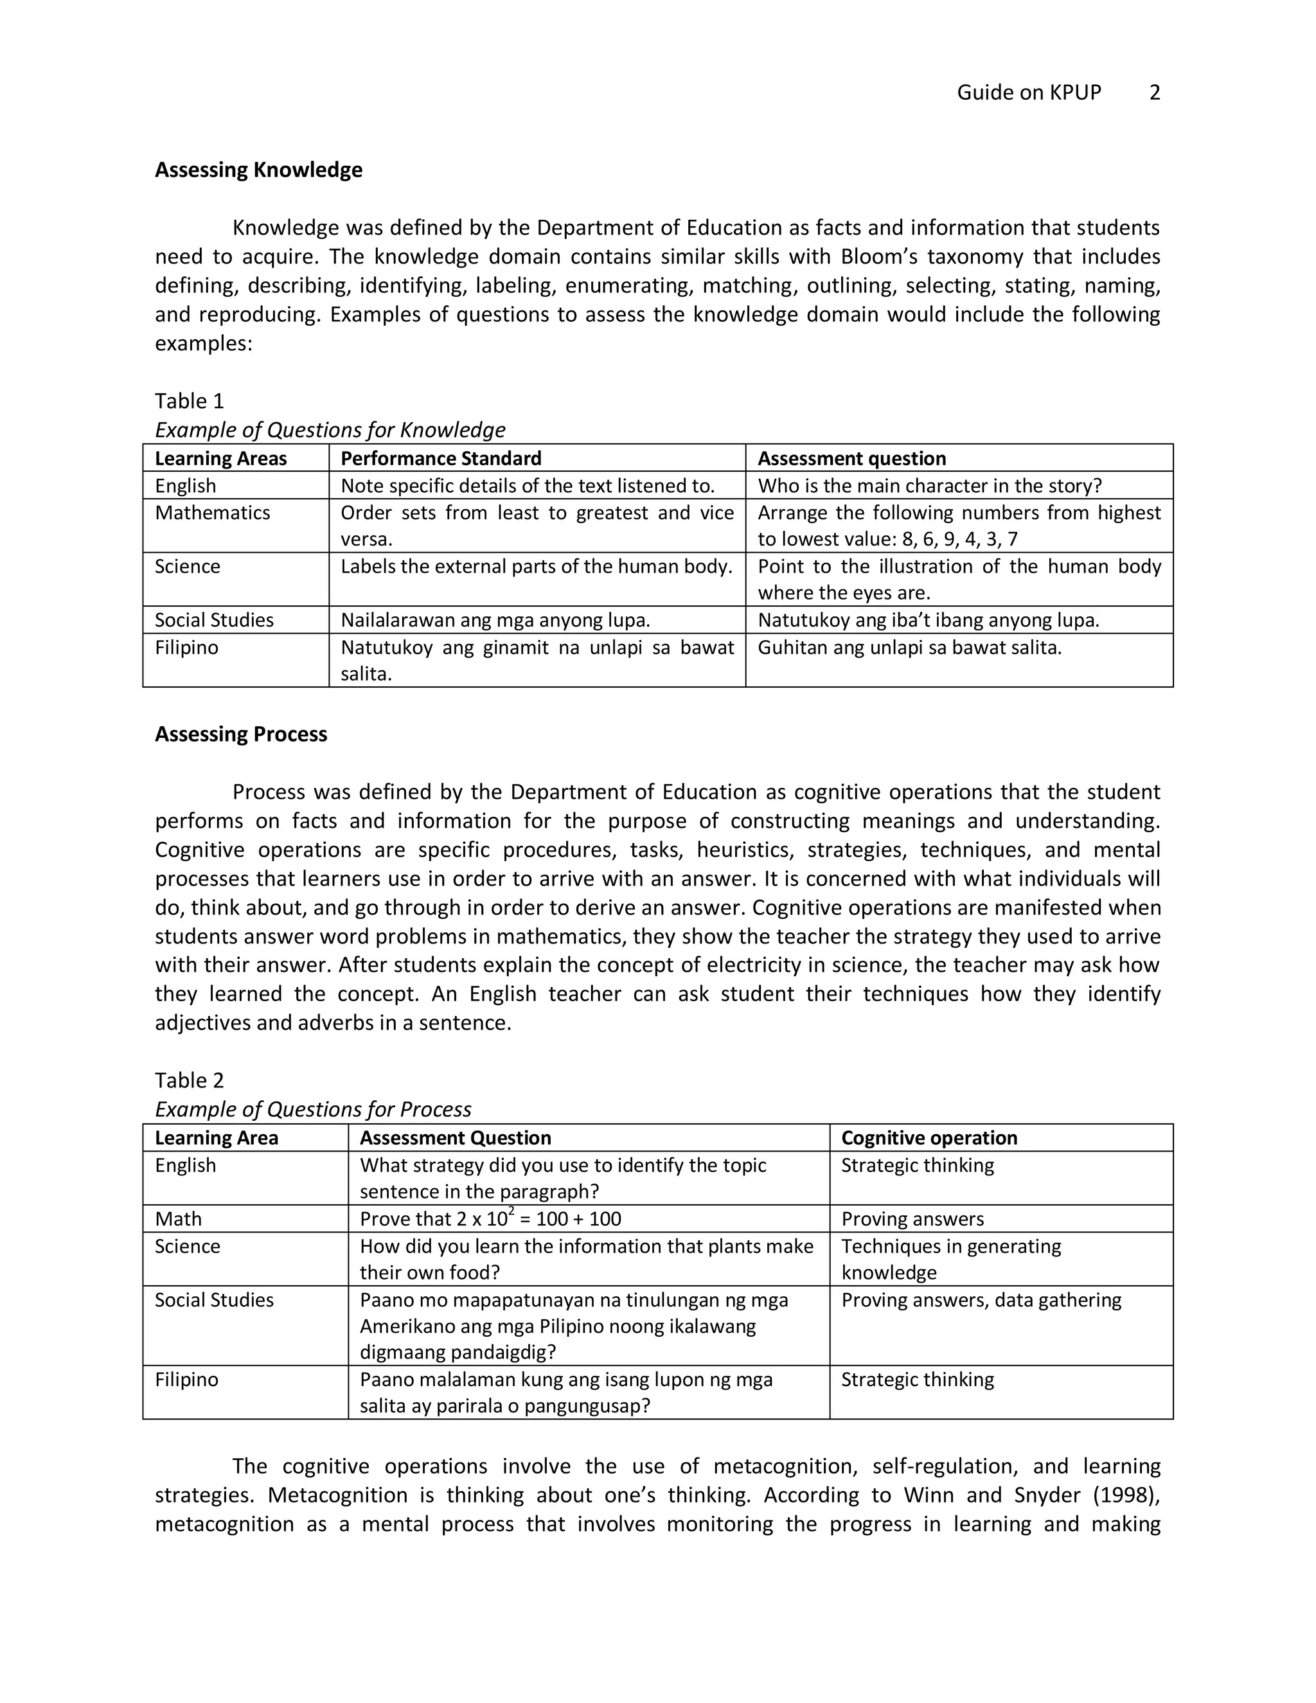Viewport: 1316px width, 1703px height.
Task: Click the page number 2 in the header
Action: tap(1155, 93)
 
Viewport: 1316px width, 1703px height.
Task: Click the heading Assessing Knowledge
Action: tap(258, 170)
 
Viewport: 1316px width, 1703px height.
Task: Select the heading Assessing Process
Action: tap(241, 735)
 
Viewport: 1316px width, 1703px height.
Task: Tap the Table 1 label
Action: tap(190, 402)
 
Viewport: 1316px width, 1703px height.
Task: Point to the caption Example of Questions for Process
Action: tap(313, 1110)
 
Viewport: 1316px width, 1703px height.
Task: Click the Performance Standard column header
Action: tap(440, 458)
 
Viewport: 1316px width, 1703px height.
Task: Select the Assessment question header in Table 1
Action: tap(851, 458)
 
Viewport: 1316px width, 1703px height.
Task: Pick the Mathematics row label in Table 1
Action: tap(212, 513)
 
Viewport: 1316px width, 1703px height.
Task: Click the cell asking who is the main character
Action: tap(929, 486)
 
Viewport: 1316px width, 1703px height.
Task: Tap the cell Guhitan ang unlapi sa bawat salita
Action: tap(909, 648)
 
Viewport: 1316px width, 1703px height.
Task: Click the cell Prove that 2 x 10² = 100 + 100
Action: tap(490, 1218)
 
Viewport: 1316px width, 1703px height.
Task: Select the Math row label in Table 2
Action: tap(178, 1218)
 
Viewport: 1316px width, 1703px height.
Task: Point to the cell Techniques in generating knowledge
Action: tap(950, 1260)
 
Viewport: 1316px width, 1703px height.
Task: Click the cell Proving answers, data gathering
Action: tap(981, 1300)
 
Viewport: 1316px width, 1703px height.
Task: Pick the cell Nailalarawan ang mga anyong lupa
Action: tap(495, 621)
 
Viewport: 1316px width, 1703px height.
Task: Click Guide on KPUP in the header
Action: tap(1028, 93)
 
